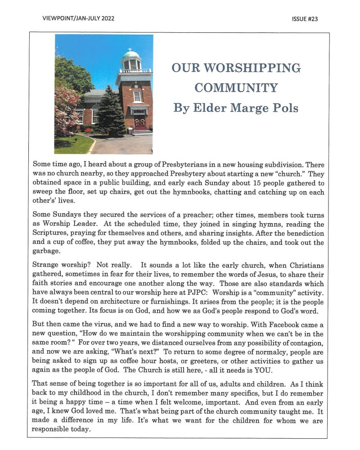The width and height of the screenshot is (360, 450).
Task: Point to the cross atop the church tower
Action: tap(130, 49)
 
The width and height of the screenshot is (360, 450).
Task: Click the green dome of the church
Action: tap(130, 55)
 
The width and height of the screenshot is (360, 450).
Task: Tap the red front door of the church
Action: tap(140, 123)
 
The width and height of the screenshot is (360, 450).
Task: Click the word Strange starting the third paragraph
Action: tap(46, 266)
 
